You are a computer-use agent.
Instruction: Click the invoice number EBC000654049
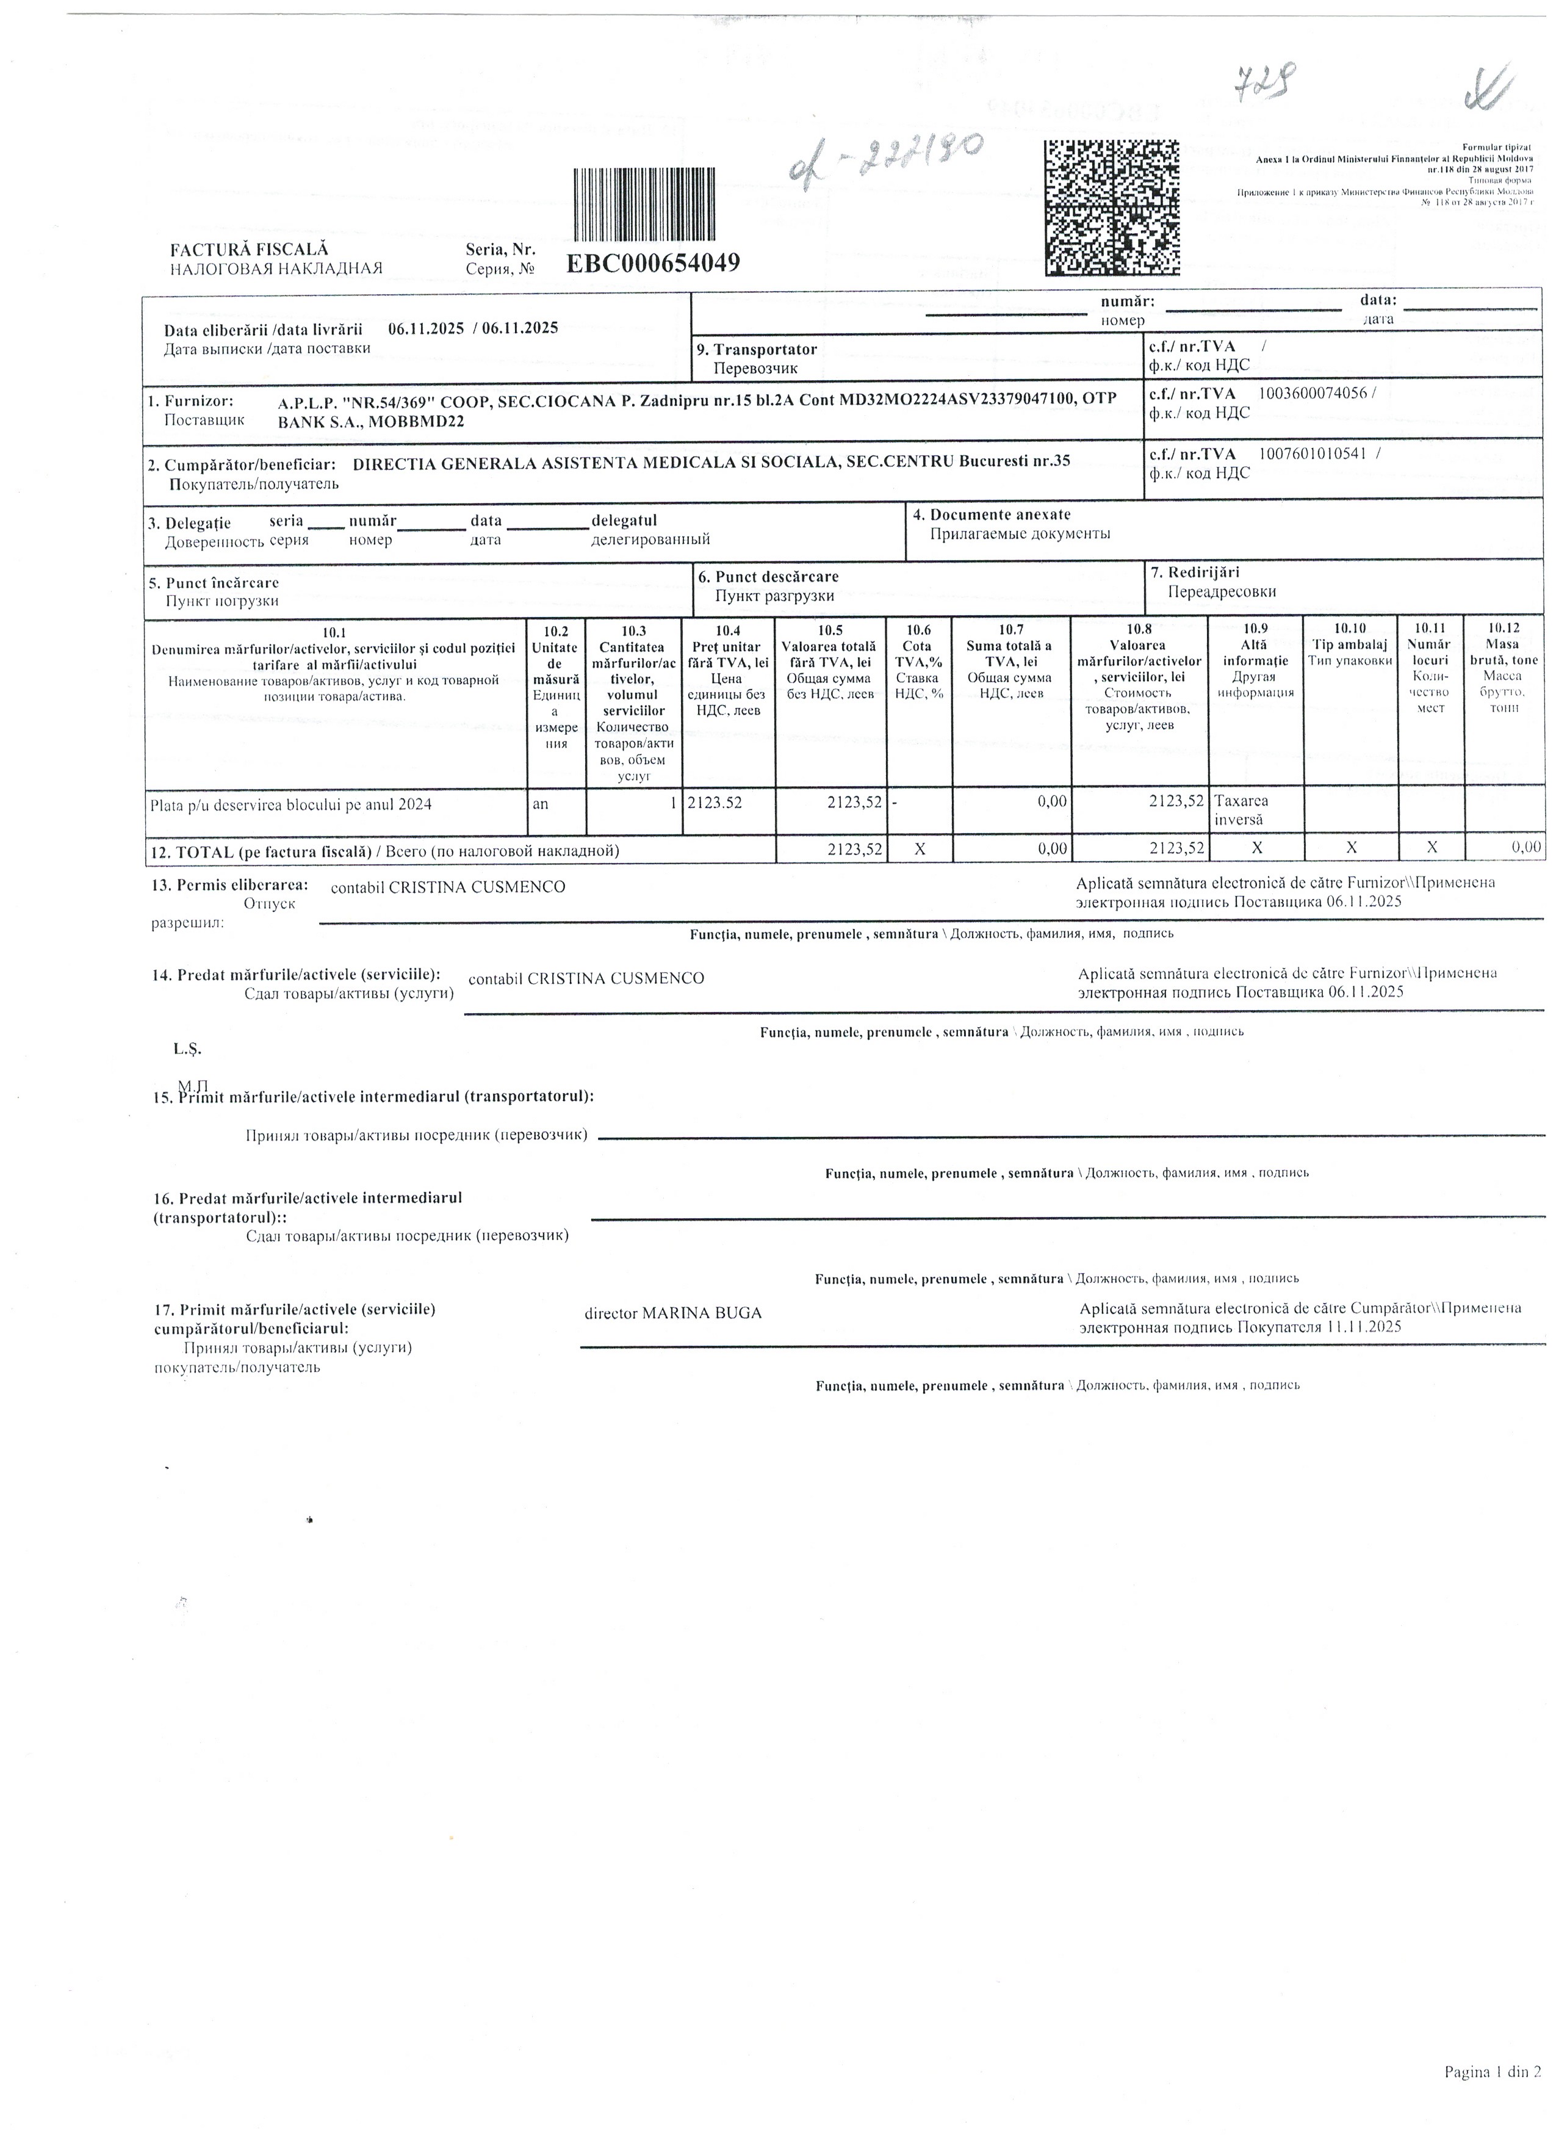pyautogui.click(x=652, y=262)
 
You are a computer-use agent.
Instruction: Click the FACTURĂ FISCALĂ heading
pyautogui.click(x=248, y=250)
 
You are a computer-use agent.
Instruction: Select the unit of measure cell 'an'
pyautogui.click(x=541, y=803)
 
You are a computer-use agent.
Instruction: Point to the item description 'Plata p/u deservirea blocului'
pyautogui.click(x=290, y=805)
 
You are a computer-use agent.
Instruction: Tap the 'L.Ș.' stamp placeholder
pyautogui.click(x=187, y=1049)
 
